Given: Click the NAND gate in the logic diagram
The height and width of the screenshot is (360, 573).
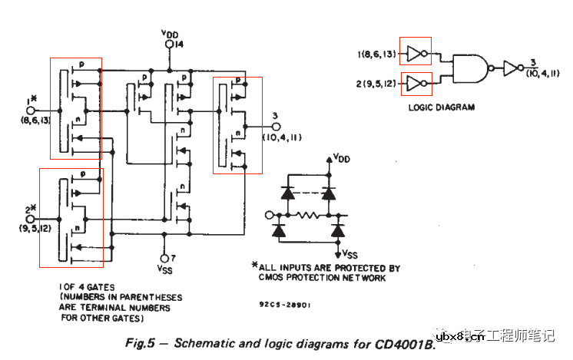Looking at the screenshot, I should (469, 68).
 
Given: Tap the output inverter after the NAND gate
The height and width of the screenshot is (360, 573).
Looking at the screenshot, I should (510, 68).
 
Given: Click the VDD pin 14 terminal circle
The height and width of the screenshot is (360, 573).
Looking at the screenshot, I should (169, 46).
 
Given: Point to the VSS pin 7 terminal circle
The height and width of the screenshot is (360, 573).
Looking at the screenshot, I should (164, 258).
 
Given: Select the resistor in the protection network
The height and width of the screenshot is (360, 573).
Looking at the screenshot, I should (308, 215).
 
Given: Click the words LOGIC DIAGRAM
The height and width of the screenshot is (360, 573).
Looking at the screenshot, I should (441, 107).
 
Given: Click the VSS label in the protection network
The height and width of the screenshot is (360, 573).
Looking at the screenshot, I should (349, 253).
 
